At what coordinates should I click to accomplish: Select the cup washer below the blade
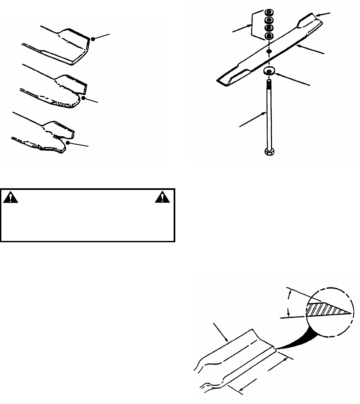pyautogui.click(x=269, y=71)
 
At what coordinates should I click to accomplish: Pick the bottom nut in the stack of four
pyautogui.click(x=269, y=36)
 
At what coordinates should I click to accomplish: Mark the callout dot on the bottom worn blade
pyautogui.click(x=68, y=143)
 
